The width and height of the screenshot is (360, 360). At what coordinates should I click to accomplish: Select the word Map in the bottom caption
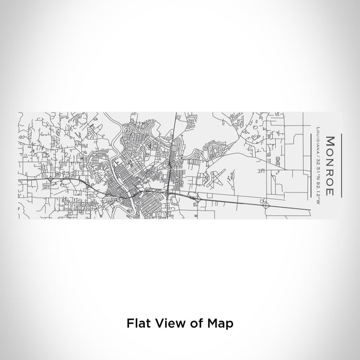point(220,323)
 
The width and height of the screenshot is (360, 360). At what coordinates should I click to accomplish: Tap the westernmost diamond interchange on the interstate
point(50,179)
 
